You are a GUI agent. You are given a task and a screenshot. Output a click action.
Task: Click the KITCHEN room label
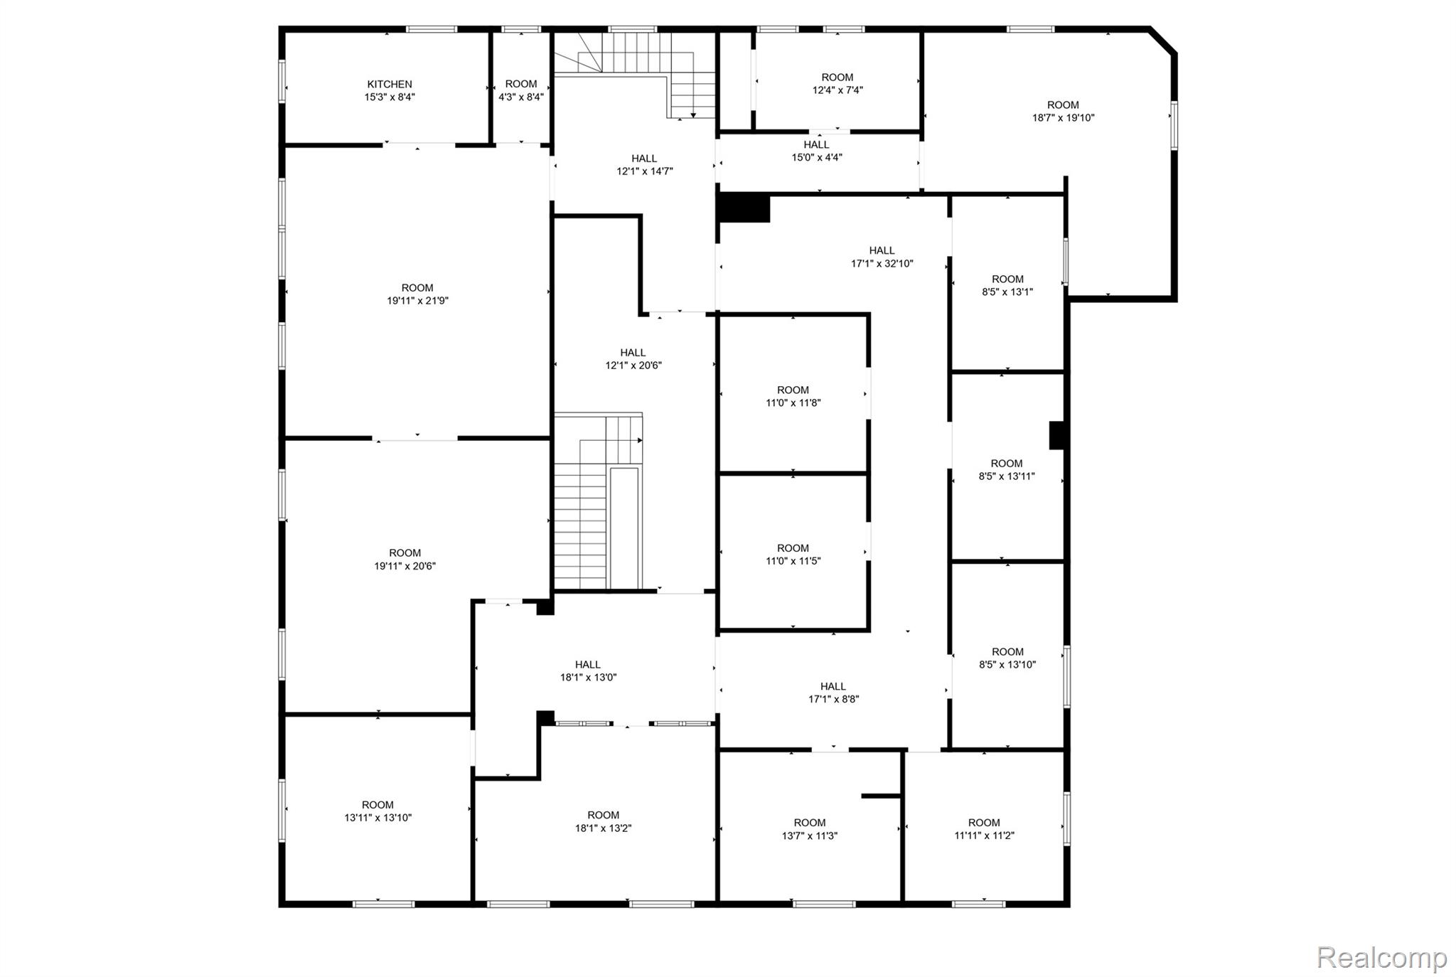click(x=390, y=84)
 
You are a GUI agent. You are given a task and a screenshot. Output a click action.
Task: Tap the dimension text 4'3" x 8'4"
click(x=521, y=97)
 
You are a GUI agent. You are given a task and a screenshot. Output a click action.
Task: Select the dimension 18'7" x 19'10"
click(x=1063, y=118)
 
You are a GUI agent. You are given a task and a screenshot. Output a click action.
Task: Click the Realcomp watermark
click(x=1381, y=958)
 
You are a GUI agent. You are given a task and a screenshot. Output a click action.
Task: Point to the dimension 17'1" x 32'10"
click(x=882, y=263)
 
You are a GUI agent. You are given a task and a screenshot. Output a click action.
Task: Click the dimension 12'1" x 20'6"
click(x=633, y=365)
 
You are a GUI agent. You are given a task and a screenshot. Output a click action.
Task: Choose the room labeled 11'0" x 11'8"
click(x=793, y=396)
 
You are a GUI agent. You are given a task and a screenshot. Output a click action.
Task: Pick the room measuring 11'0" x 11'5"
click(x=793, y=554)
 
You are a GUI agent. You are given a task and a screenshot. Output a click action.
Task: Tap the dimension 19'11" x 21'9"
click(x=417, y=301)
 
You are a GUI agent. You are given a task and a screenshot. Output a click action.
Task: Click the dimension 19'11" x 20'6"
click(x=405, y=566)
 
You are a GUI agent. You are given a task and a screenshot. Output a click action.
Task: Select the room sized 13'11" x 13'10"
click(x=378, y=811)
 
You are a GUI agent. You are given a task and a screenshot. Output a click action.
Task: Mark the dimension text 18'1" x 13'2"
click(x=603, y=828)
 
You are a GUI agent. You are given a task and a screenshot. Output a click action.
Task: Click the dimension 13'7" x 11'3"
click(x=810, y=836)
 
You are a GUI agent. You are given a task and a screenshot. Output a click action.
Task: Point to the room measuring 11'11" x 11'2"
click(x=984, y=829)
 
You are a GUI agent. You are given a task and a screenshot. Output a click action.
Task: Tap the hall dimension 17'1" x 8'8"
click(x=833, y=699)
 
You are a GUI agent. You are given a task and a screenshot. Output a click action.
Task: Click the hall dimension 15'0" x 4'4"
click(x=817, y=157)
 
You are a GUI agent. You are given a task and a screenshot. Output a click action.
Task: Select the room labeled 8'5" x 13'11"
click(x=1007, y=470)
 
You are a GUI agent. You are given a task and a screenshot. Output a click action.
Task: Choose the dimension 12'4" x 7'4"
click(x=837, y=90)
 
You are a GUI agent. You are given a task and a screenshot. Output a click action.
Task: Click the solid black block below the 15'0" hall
click(x=744, y=208)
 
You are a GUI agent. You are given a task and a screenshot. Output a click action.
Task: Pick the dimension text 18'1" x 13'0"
click(x=588, y=678)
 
